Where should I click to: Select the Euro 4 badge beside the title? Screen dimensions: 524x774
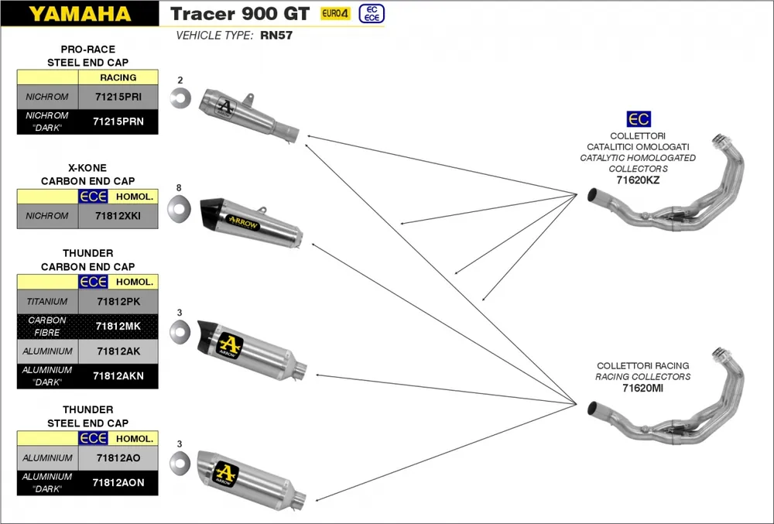coord(335,14)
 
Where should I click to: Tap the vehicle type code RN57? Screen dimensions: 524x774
coord(276,35)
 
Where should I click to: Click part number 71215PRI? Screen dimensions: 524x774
coord(118,97)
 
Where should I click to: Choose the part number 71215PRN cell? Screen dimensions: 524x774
coord(118,121)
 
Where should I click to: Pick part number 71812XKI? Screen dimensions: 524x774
coord(118,216)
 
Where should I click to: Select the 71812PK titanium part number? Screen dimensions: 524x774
coord(118,301)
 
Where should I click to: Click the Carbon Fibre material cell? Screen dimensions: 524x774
coord(47,326)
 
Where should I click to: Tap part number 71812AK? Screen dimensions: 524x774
coord(118,351)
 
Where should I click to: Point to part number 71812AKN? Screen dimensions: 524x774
coord(118,375)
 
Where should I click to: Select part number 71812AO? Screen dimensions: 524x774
coord(118,458)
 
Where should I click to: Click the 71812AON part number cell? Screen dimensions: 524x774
coord(118,482)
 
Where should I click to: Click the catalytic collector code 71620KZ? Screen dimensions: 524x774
coord(638,180)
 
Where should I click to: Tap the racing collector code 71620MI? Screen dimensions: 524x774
coord(642,389)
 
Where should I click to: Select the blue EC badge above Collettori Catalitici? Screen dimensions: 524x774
coord(639,119)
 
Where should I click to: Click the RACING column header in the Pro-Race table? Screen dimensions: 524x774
coord(118,77)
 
